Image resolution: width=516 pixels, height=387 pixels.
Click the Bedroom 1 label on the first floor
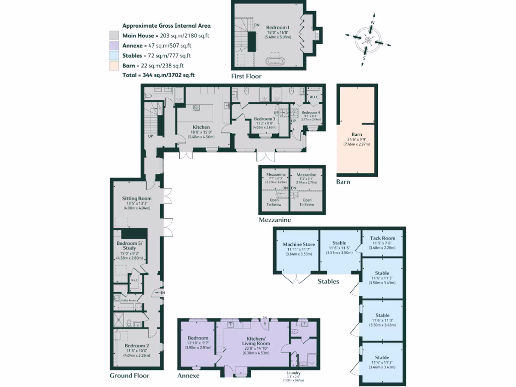[x=278, y=27]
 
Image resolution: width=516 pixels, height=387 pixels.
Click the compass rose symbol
[x=368, y=40]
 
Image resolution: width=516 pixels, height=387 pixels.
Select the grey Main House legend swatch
[x=114, y=36]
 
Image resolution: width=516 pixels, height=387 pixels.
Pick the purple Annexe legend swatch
[x=114, y=46]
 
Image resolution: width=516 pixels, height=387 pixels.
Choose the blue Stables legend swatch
[x=114, y=56]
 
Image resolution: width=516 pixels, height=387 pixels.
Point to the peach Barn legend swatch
[x=114, y=66]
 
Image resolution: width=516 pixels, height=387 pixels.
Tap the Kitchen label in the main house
[x=201, y=127]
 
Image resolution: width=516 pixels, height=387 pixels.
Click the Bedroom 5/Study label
[x=130, y=246]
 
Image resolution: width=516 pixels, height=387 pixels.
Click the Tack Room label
[x=381, y=238]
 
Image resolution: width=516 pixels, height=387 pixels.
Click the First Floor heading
[x=246, y=77]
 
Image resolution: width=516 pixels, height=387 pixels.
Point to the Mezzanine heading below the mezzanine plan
[x=274, y=220]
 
